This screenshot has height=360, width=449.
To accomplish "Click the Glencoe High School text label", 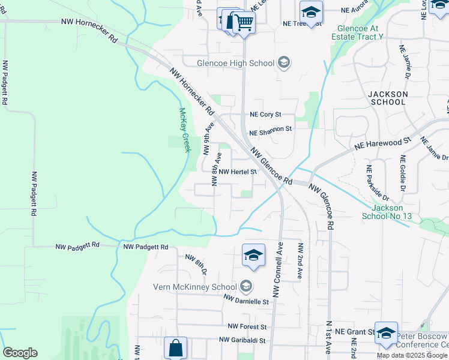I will (x=236, y=63).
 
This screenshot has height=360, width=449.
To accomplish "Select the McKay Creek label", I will (x=185, y=130).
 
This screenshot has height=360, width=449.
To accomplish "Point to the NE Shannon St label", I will (x=270, y=128).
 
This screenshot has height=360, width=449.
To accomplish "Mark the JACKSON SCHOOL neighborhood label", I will (x=388, y=98).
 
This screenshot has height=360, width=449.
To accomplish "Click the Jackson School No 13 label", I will (x=388, y=212).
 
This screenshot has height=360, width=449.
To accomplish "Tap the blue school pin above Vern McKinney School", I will (x=253, y=256).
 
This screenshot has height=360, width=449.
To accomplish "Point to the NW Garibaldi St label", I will (x=243, y=340).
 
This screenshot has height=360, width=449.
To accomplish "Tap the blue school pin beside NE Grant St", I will (x=386, y=333).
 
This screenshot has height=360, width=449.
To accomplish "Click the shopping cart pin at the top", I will (x=243, y=23).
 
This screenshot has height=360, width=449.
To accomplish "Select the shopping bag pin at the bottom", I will (x=175, y=347).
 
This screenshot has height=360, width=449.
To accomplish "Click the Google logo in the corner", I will (x=20, y=353).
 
